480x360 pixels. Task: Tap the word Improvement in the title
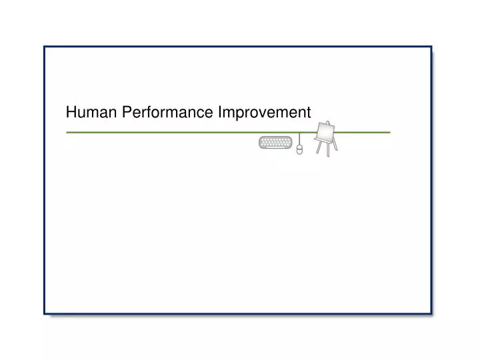coord(264,113)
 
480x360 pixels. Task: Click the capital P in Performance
coord(126,113)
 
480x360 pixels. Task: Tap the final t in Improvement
coord(308,113)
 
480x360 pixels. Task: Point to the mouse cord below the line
coord(299,139)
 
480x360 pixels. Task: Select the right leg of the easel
coord(335,145)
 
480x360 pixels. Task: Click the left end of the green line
coord(67,133)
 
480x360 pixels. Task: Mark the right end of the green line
coord(389,133)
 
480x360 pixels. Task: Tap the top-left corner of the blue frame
coord(45,47)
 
